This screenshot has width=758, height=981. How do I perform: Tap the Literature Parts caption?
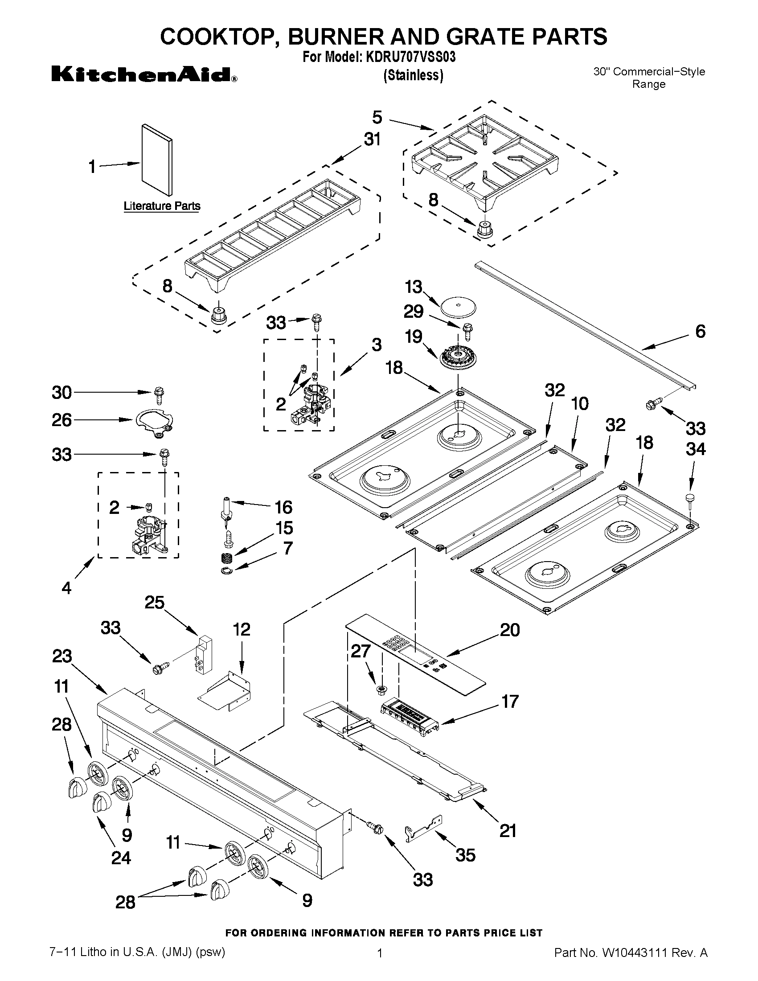(162, 206)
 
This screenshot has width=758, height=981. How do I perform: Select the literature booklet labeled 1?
(156, 160)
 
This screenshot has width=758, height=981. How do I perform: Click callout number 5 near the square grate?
(377, 117)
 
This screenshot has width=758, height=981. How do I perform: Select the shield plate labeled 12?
(225, 692)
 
